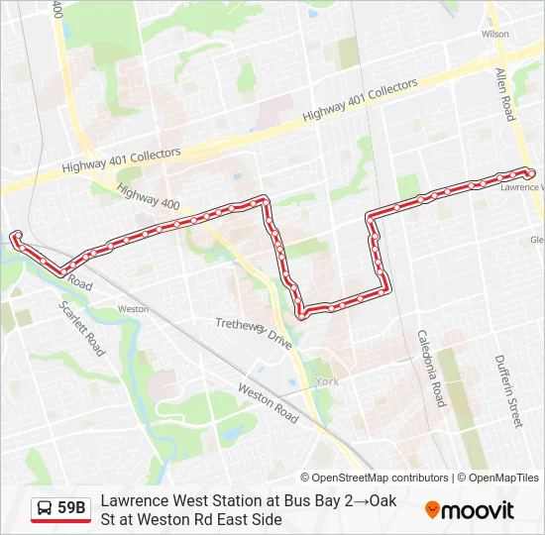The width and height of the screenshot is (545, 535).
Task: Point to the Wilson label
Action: point(494,34)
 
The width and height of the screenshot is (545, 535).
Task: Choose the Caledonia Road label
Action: point(432,369)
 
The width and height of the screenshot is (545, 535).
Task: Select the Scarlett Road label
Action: point(81,328)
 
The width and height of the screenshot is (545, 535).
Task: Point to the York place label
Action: point(326,381)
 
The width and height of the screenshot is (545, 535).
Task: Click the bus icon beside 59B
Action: point(46,508)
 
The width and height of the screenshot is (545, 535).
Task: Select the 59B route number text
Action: point(72,508)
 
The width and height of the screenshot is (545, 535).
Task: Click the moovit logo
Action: point(470,510)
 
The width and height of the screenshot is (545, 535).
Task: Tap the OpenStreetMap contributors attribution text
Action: point(375,478)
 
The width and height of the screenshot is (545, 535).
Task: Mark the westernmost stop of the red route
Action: point(16,235)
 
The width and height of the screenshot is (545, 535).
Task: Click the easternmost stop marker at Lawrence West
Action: point(532,174)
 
